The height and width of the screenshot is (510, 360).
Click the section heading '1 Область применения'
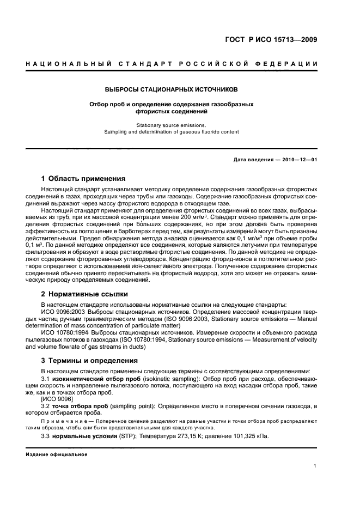pos(83,179)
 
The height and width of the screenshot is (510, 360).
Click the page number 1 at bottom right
pos(315,466)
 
